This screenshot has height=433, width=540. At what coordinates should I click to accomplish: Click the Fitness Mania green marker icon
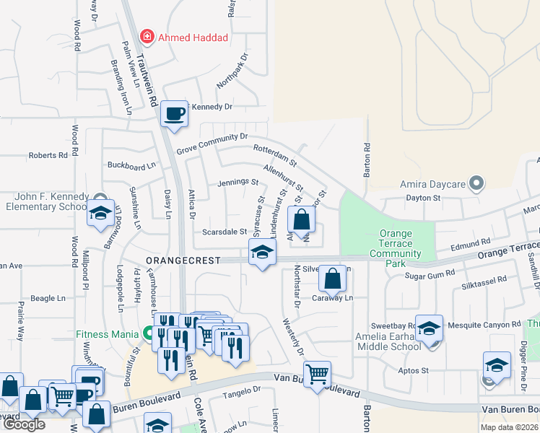[x=149, y=334]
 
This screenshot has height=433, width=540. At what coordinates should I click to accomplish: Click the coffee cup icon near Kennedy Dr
[x=174, y=114]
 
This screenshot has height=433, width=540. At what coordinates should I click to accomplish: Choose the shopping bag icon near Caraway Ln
[x=332, y=278]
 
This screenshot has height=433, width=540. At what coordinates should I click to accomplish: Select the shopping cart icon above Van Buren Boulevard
[x=317, y=374]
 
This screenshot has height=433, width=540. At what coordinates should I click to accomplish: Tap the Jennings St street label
[x=238, y=182]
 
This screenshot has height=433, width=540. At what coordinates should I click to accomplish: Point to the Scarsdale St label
[x=225, y=232]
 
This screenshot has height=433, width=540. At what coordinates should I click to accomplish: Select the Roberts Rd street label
[x=48, y=155]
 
